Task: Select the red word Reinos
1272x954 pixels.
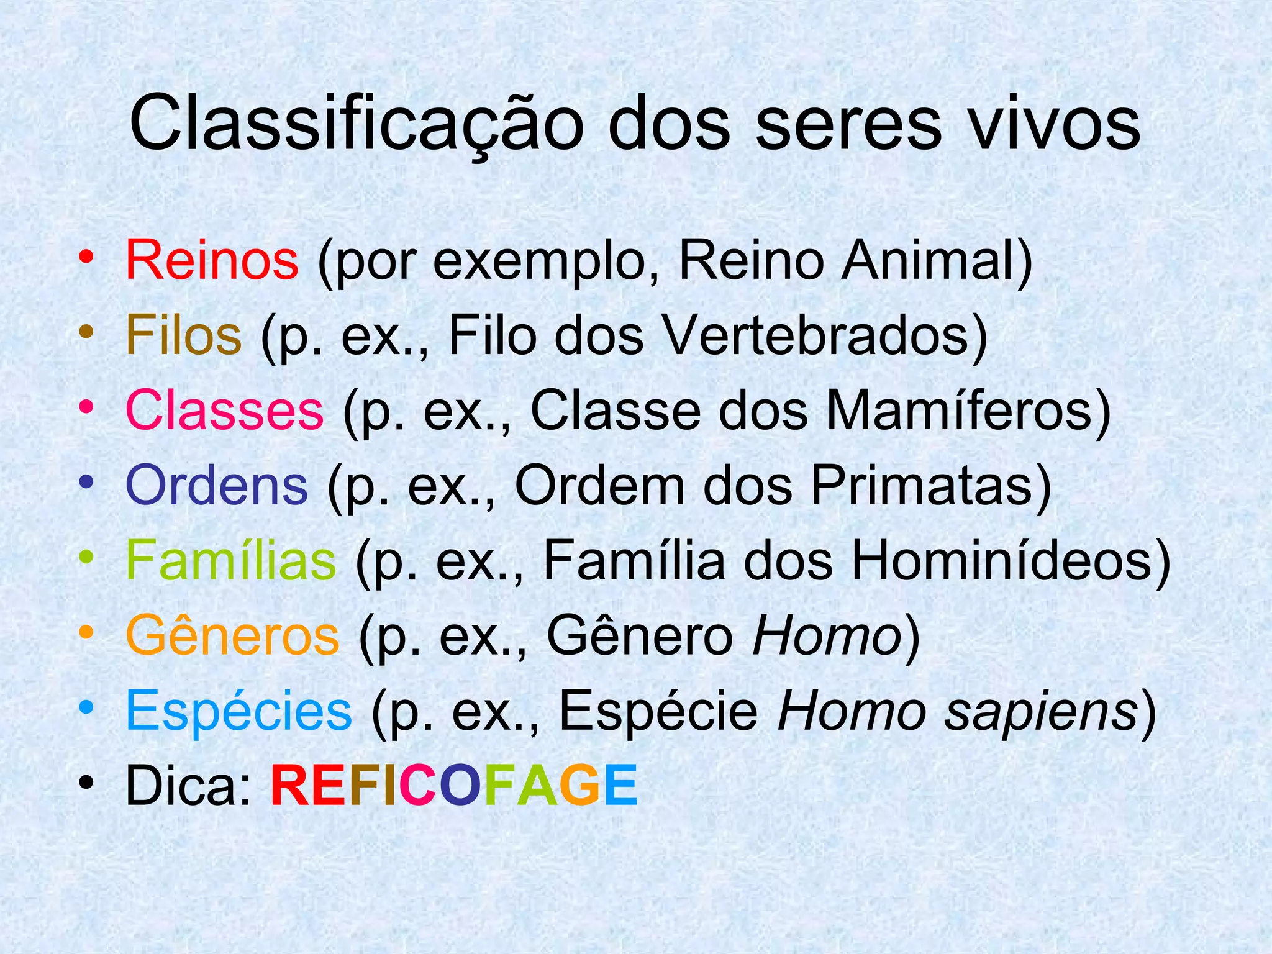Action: click(x=212, y=260)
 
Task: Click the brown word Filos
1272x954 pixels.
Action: click(x=183, y=335)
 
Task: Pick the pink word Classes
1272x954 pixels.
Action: click(x=224, y=411)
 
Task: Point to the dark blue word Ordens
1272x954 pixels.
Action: click(x=216, y=485)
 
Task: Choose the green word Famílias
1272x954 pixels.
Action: click(x=230, y=561)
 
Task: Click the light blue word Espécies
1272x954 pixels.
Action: click(x=238, y=711)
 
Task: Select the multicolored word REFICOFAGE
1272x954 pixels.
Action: click(x=454, y=786)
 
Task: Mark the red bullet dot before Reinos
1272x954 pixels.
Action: click(x=86, y=257)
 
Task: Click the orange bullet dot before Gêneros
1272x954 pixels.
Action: click(x=86, y=632)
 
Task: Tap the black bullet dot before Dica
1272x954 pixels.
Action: click(x=86, y=782)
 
